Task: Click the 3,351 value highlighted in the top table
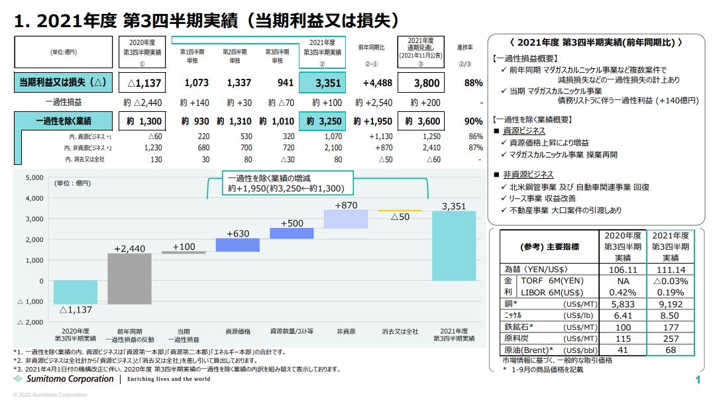click(x=323, y=83)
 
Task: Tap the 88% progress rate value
click(x=473, y=83)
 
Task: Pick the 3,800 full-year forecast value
click(x=424, y=83)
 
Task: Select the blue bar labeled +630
click(x=238, y=245)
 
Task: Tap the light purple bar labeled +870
click(x=346, y=219)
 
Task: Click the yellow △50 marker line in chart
click(x=400, y=210)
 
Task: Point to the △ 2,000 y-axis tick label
click(x=30, y=322)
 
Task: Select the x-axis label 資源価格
click(x=238, y=330)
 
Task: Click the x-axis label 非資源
click(x=346, y=330)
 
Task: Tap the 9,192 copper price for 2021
click(x=670, y=303)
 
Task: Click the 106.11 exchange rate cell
click(x=622, y=270)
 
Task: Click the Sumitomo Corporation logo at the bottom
click(x=63, y=379)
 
